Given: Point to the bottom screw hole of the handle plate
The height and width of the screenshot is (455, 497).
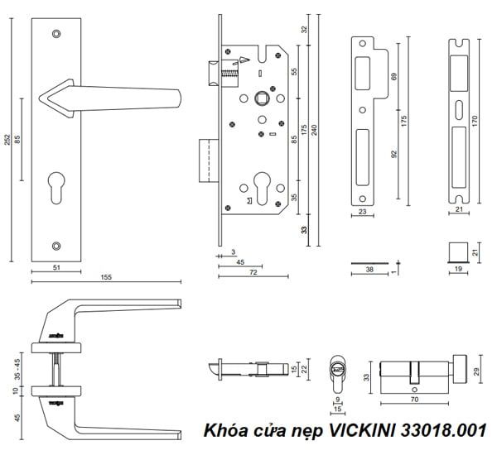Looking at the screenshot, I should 56,246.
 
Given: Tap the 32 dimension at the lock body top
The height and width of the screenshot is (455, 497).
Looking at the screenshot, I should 305,29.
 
